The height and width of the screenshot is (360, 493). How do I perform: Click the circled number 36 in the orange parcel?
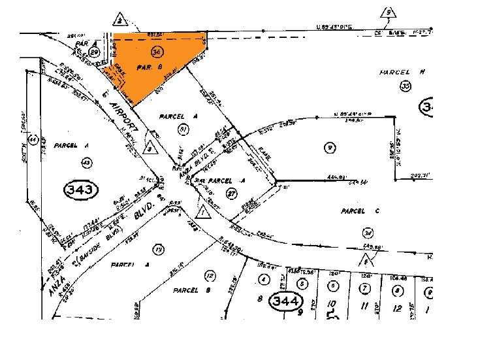tap(156, 52)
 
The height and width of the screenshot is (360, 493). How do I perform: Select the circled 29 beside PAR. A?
tap(95, 52)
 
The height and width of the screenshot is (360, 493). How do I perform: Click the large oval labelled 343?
tap(81, 190)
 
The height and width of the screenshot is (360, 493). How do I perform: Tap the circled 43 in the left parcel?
tap(86, 161)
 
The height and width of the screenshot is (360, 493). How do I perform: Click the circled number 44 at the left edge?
tap(33, 139)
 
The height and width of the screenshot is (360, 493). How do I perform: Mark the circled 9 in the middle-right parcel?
tap(331, 148)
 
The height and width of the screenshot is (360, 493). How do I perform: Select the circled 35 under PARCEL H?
tap(406, 86)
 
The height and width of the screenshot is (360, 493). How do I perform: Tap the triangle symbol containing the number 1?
tap(204, 212)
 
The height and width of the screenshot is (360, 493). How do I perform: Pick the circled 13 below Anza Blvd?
tap(157, 248)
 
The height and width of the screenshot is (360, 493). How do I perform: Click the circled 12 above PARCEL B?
tap(210, 275)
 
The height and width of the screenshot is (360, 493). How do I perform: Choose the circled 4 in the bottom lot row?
tap(264, 280)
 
